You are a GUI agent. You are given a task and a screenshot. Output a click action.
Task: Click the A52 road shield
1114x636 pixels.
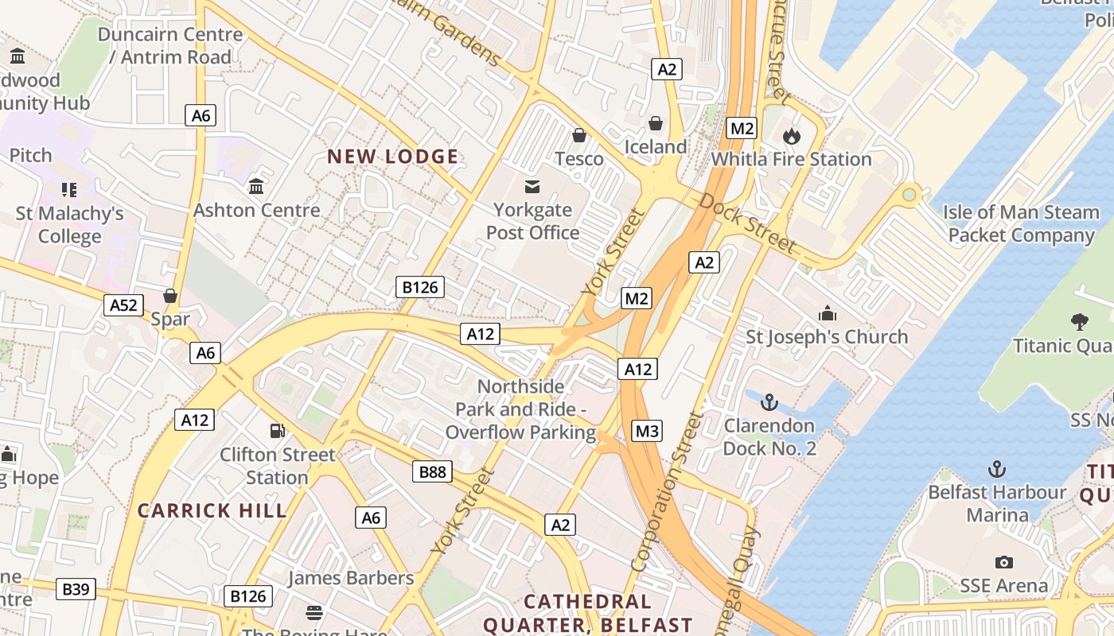click(123, 305)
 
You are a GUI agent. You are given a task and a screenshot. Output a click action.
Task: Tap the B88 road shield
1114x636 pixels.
click(433, 472)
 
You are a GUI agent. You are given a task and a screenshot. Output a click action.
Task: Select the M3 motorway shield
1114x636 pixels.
click(646, 432)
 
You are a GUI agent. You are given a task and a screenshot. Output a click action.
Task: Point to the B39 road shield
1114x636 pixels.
click(76, 589)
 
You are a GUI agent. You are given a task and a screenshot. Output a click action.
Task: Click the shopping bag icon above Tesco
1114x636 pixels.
click(579, 135)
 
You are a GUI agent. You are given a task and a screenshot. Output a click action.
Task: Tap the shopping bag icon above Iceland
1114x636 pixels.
click(656, 123)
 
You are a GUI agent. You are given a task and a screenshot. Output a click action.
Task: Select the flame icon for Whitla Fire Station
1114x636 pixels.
click(791, 136)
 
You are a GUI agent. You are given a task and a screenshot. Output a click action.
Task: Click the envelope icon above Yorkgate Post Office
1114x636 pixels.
click(532, 187)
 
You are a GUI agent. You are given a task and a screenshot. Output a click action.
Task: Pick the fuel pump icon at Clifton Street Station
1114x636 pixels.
click(278, 431)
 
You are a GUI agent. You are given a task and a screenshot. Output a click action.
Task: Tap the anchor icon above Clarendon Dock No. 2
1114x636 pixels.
click(769, 401)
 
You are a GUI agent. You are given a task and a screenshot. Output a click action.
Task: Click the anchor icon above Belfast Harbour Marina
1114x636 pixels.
click(997, 468)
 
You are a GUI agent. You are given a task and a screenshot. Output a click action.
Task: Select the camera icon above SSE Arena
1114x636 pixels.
click(1003, 562)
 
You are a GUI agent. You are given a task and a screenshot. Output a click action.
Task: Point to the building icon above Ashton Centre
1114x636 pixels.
click(256, 186)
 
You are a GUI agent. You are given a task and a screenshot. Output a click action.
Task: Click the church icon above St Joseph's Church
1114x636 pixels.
click(827, 312)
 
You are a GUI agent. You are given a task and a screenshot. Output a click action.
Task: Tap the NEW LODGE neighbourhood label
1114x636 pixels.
click(393, 157)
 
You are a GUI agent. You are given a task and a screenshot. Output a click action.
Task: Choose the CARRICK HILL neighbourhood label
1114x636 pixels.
click(212, 510)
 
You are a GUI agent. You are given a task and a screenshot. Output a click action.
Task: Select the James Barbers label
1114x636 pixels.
click(351, 578)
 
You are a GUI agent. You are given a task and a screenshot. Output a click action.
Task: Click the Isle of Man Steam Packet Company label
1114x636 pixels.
click(1021, 223)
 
